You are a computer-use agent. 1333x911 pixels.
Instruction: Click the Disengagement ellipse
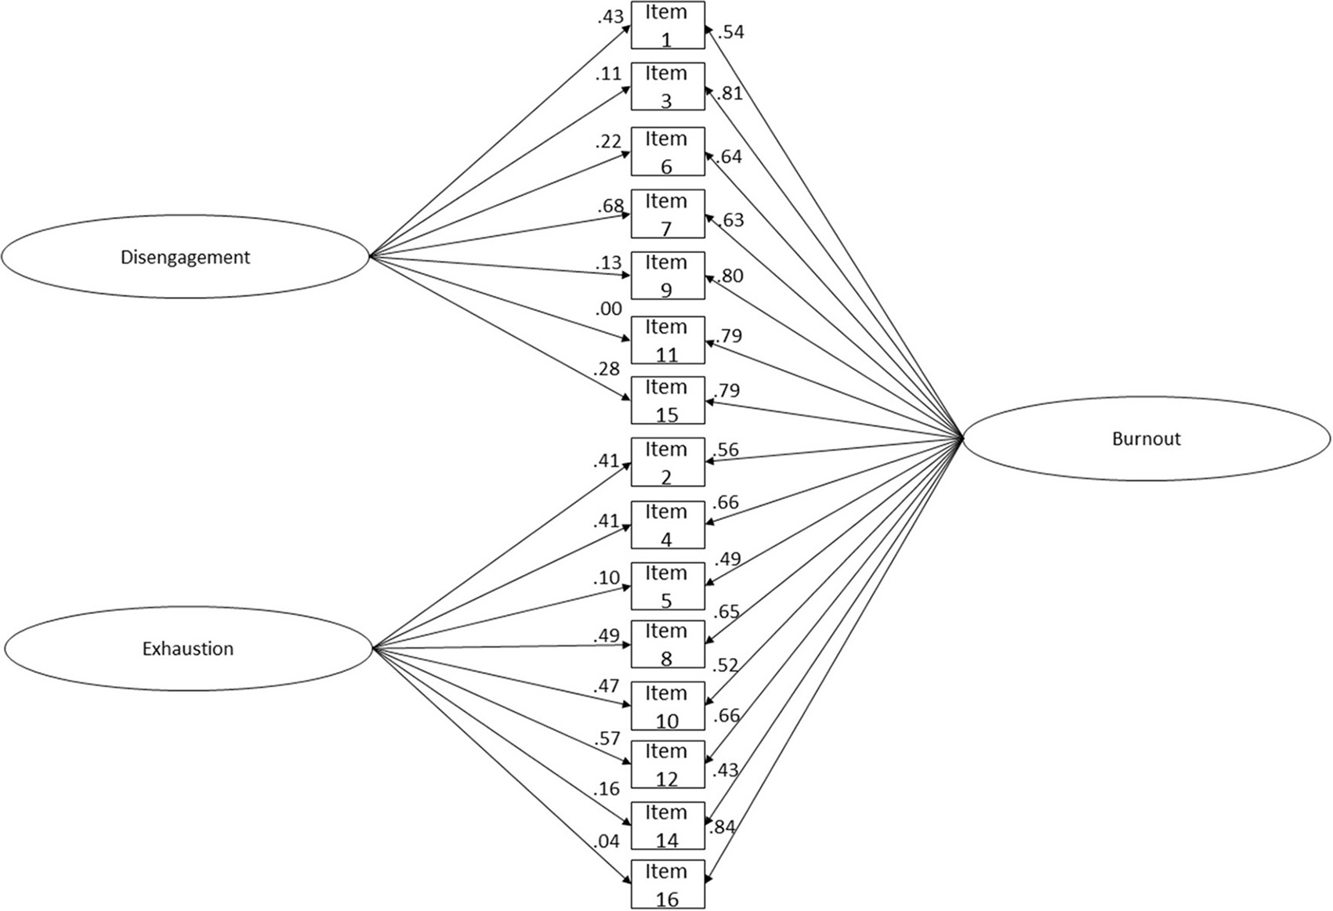(185, 257)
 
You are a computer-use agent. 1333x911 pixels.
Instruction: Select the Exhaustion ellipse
(187, 649)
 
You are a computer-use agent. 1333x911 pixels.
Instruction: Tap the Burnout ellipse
(1146, 439)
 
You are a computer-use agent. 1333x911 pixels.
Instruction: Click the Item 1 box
(668, 26)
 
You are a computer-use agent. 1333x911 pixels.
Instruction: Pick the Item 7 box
(668, 214)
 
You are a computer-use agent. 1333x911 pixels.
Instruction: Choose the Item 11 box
(668, 340)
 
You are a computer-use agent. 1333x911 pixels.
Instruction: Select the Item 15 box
(668, 400)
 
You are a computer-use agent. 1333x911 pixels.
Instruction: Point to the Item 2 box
(668, 462)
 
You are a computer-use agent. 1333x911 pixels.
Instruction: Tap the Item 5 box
(668, 586)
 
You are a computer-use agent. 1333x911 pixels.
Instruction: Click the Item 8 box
(668, 644)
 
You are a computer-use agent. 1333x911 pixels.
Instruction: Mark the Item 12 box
(668, 765)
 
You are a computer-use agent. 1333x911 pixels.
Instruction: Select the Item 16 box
(668, 884)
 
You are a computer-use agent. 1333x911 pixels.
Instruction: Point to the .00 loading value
(608, 309)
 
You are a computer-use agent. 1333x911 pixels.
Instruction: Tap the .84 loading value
(721, 826)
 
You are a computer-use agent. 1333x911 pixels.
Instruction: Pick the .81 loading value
(729, 93)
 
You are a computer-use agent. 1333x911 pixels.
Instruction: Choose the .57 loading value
(607, 738)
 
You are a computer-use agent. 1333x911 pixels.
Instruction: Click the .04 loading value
(607, 841)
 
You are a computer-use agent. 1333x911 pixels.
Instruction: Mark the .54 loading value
(730, 33)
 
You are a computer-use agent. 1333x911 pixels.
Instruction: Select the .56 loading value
(726, 450)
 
